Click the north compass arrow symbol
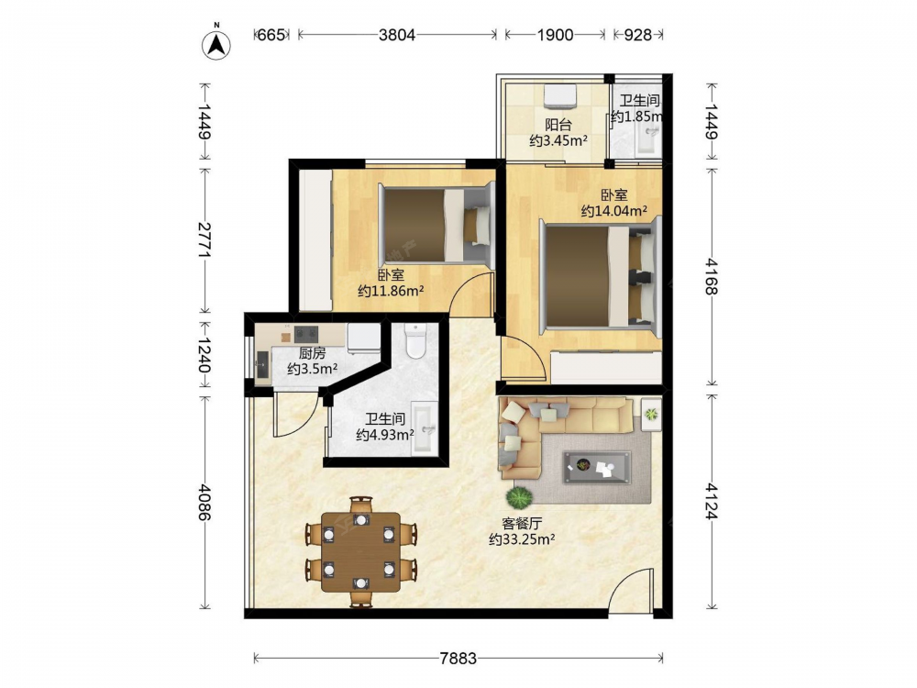[216, 44]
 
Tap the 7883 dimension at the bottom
[458, 659]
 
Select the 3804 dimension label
[396, 35]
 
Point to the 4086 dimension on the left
[204, 502]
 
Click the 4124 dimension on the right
[712, 502]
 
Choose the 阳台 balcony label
[558, 124]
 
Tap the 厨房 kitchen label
[313, 353]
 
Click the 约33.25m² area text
[522, 539]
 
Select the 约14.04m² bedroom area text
[613, 211]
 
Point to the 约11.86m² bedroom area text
[391, 290]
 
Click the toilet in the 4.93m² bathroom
[415, 340]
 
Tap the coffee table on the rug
[597, 468]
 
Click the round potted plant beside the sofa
[520, 498]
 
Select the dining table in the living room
[361, 552]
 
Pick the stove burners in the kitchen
[306, 334]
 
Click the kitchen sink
[262, 366]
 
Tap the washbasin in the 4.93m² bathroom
[424, 428]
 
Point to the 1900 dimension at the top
[555, 35]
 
